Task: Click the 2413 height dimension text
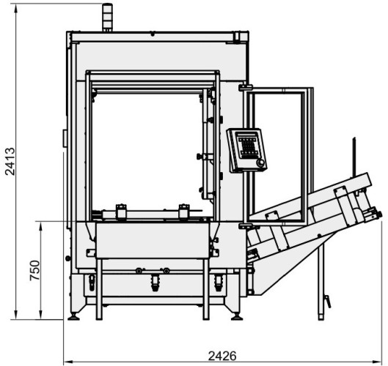click(x=10, y=161)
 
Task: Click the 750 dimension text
click(x=34, y=270)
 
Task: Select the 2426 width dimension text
click(x=222, y=356)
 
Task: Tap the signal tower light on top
click(x=107, y=18)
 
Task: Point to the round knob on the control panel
click(x=260, y=163)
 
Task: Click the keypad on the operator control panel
click(x=248, y=146)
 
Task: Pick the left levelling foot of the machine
click(x=74, y=317)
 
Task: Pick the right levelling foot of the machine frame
click(x=237, y=317)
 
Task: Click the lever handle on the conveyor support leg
click(x=327, y=302)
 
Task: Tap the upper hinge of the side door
click(x=246, y=87)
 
